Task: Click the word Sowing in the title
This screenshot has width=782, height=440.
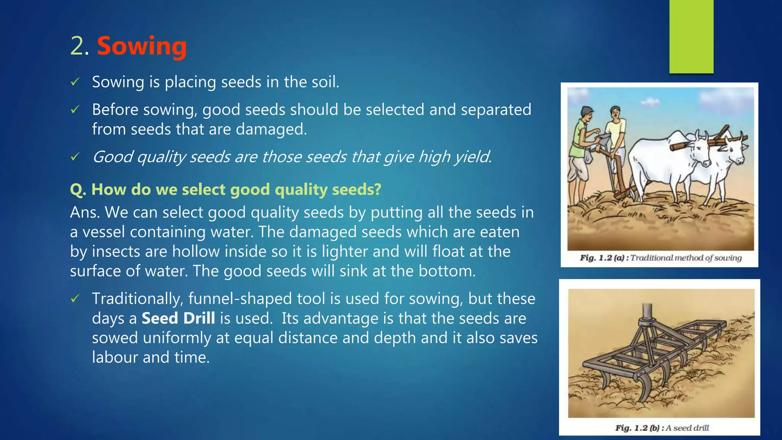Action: click(142, 46)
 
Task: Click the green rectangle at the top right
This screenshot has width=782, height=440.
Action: click(691, 36)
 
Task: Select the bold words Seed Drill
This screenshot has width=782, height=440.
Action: click(178, 318)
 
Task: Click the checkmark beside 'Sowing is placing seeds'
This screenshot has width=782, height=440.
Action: click(75, 82)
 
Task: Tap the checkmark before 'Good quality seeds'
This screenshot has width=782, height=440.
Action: click(75, 157)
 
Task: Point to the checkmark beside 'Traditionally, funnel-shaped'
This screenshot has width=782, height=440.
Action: click(75, 298)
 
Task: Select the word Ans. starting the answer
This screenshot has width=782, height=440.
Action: click(85, 212)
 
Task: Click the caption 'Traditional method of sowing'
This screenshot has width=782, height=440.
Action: click(686, 258)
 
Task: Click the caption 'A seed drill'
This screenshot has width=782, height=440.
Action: click(687, 428)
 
